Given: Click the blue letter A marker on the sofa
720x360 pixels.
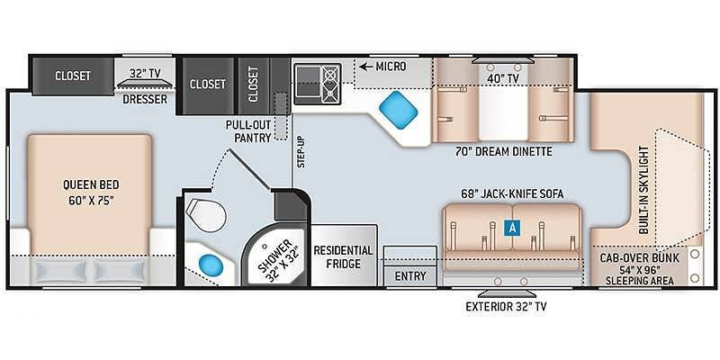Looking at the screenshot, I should click(x=513, y=228).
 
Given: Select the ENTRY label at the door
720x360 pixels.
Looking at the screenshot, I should click(x=409, y=275).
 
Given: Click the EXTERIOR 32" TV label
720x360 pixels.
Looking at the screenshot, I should click(x=505, y=306).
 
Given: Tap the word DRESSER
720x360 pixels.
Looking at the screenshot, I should click(x=145, y=99).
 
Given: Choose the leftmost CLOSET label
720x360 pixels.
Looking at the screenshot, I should click(x=72, y=76).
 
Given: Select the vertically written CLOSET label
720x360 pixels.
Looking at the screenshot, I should click(x=253, y=84).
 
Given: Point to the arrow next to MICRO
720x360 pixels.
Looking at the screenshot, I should click(x=366, y=67).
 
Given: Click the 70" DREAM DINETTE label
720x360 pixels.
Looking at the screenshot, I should click(x=504, y=151).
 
